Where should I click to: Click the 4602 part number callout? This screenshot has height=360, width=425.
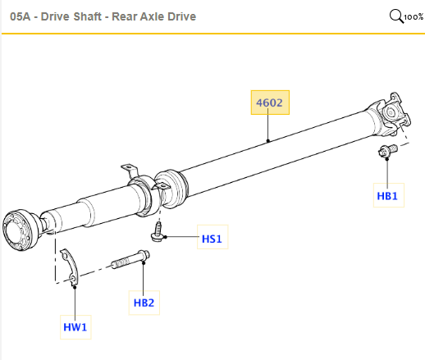coord(270,103)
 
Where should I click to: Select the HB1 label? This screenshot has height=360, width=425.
coord(386,197)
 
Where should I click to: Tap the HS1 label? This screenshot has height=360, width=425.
coord(212,239)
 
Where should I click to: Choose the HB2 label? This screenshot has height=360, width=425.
coord(144,303)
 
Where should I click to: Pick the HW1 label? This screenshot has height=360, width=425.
coord(75,328)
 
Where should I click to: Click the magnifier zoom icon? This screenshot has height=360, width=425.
coord(396,16)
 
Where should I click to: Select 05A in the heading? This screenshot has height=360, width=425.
coord(20,16)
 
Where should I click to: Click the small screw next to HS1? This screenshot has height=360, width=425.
coord(158,234)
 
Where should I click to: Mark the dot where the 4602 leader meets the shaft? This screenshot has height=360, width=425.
coord(270,142)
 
